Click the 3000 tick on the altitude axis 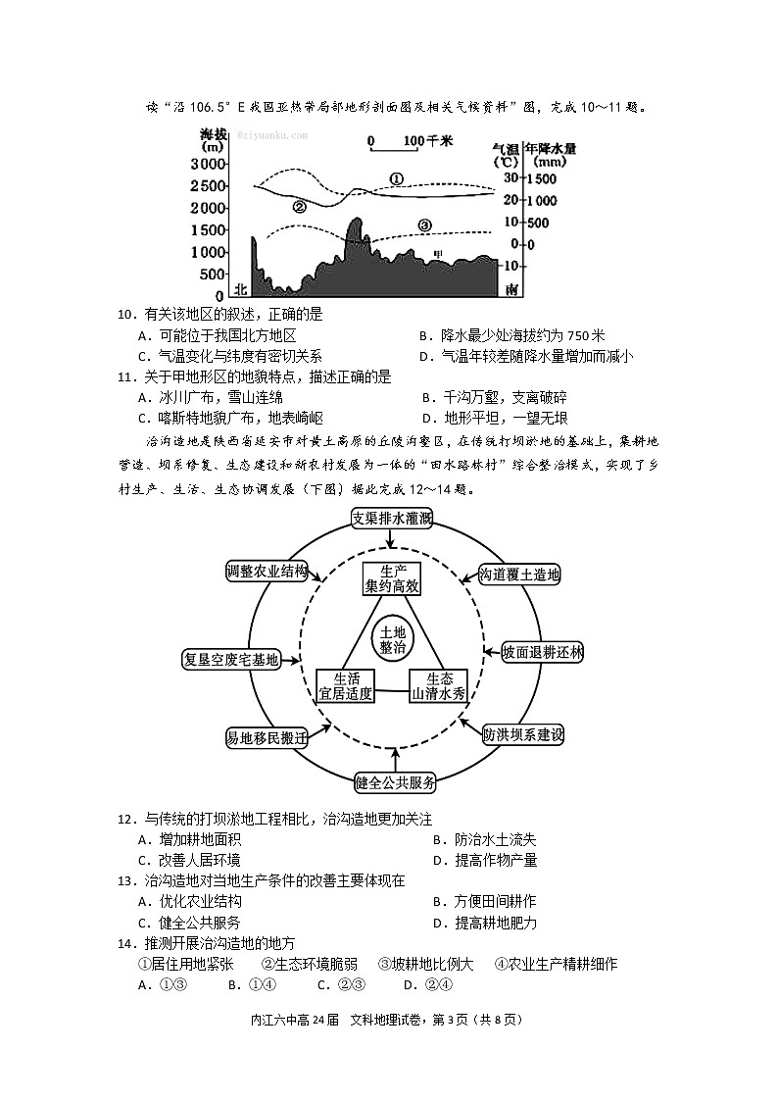tap(210, 164)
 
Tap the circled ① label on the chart tap(396, 179)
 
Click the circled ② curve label tap(299, 207)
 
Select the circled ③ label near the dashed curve tap(423, 225)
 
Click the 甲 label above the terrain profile tap(438, 255)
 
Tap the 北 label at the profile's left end tap(241, 289)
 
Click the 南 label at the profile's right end tap(511, 289)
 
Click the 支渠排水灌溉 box tap(393, 519)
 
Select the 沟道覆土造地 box tap(518, 575)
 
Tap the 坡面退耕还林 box tap(541, 652)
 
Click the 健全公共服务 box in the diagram tap(395, 782)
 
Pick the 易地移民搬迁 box tap(267, 737)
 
